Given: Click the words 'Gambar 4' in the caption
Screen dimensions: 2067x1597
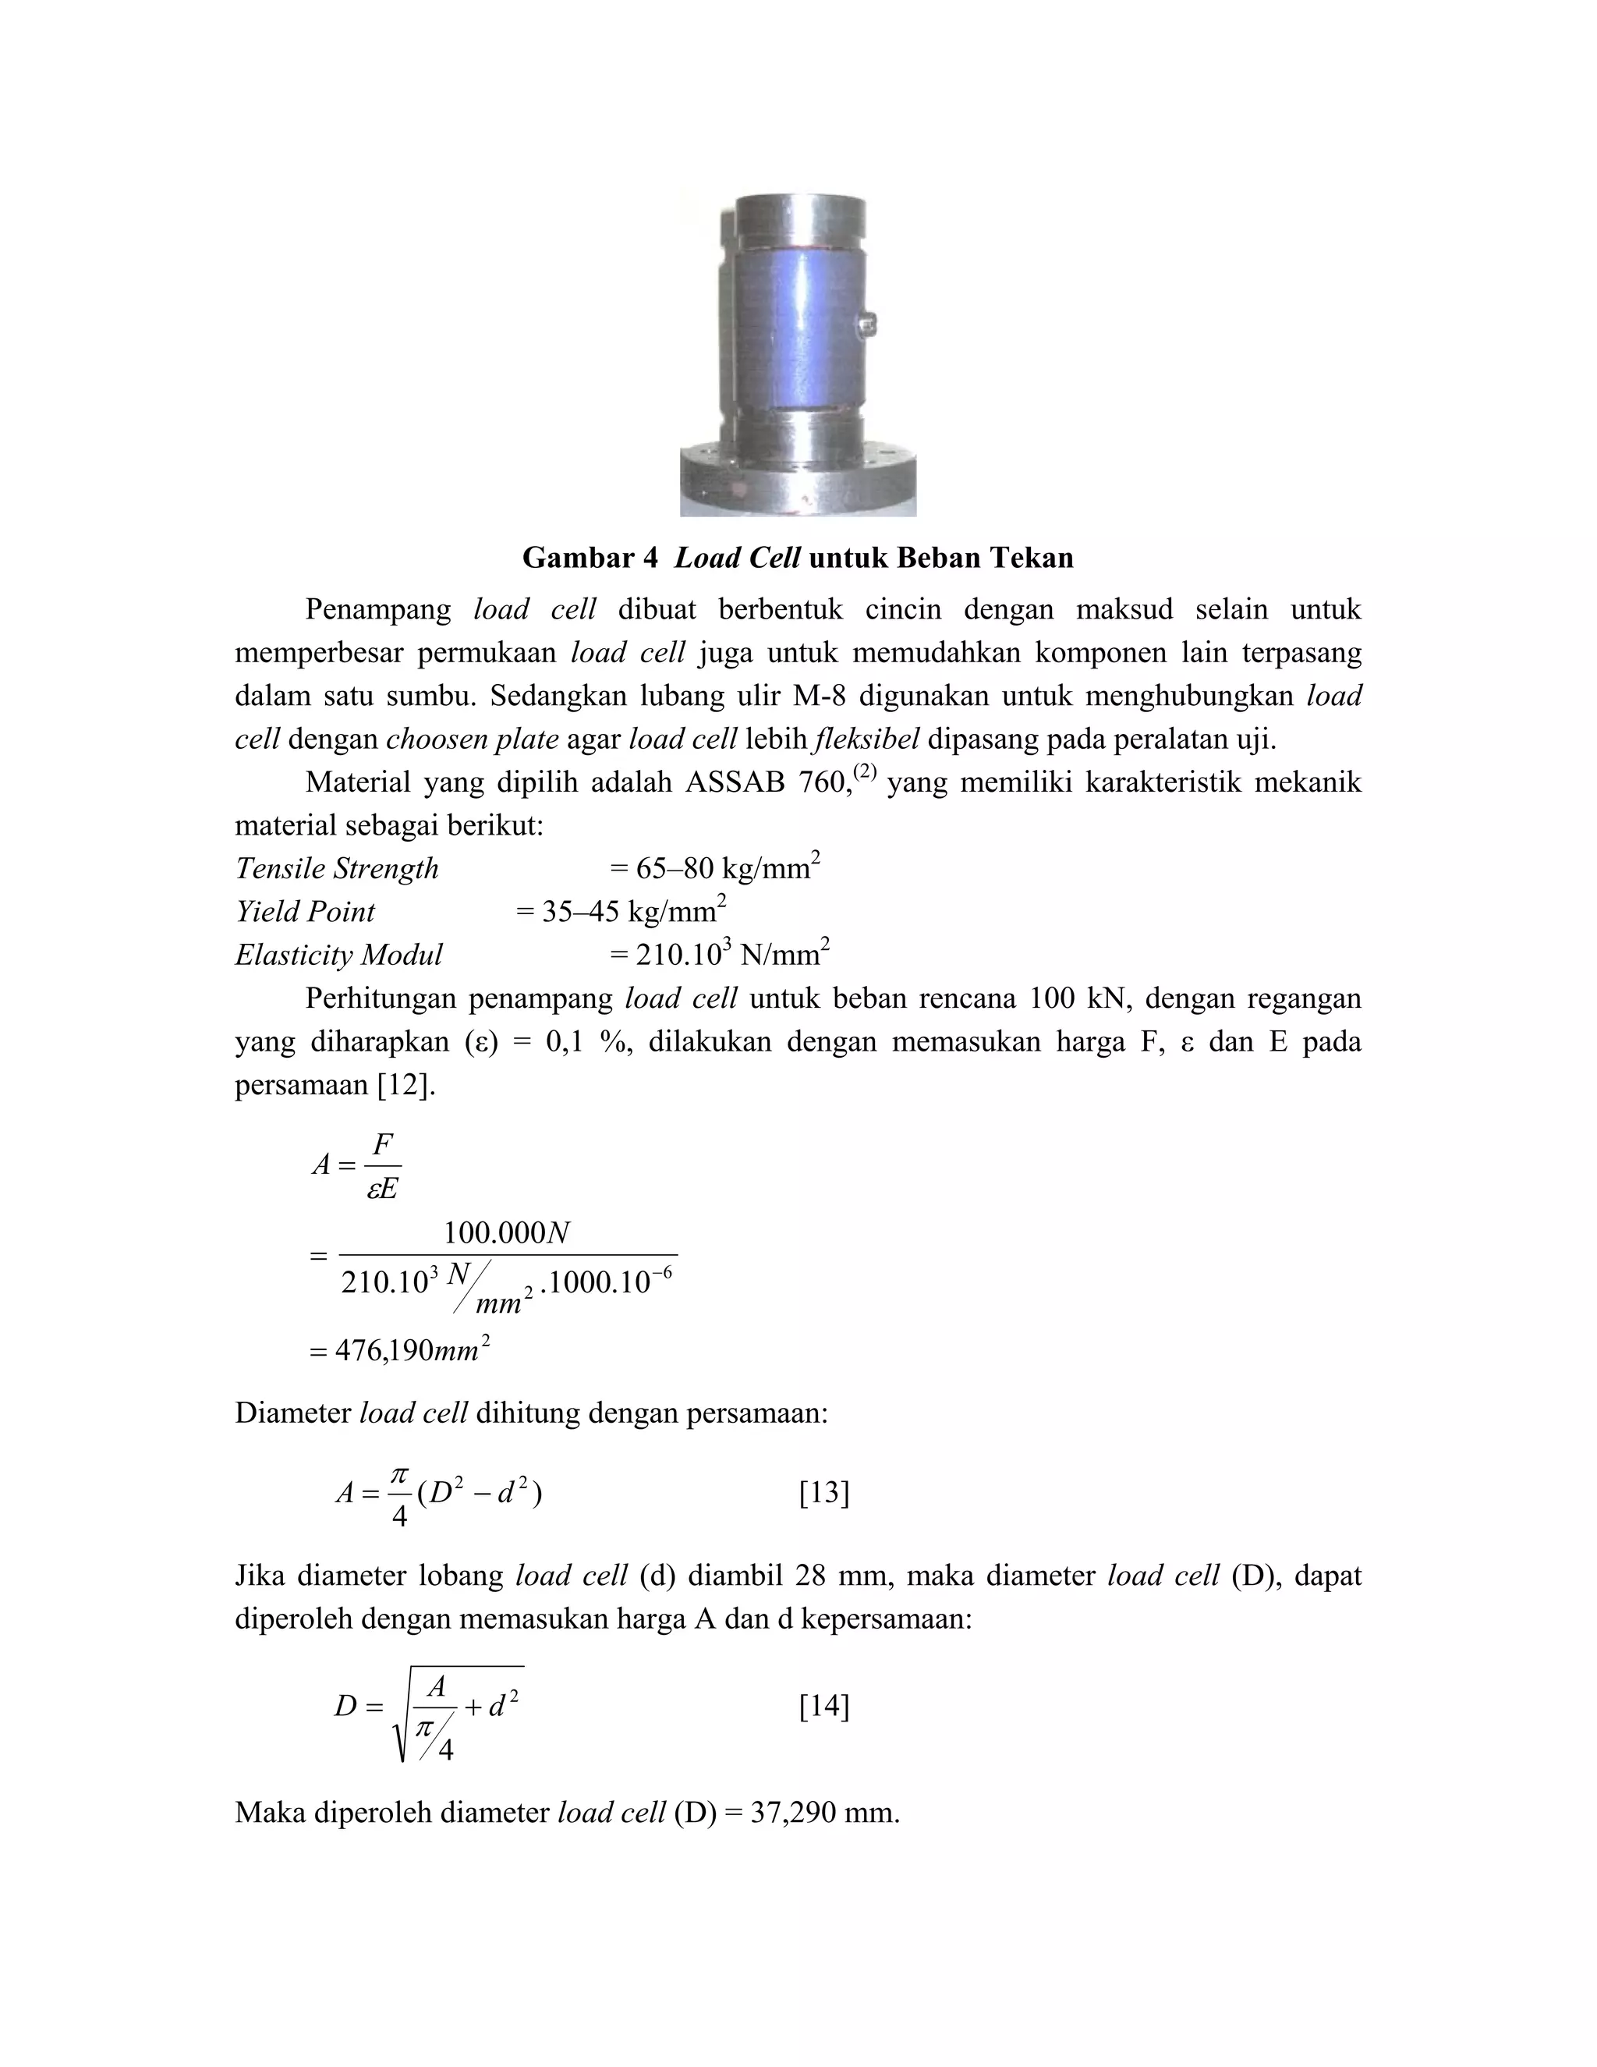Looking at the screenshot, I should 590,558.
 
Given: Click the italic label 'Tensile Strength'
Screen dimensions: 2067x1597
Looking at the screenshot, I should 337,868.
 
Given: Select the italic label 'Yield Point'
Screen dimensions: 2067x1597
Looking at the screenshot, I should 305,911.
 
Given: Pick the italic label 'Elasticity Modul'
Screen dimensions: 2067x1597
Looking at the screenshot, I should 338,954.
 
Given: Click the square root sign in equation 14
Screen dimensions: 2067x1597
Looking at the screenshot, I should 401,1718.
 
